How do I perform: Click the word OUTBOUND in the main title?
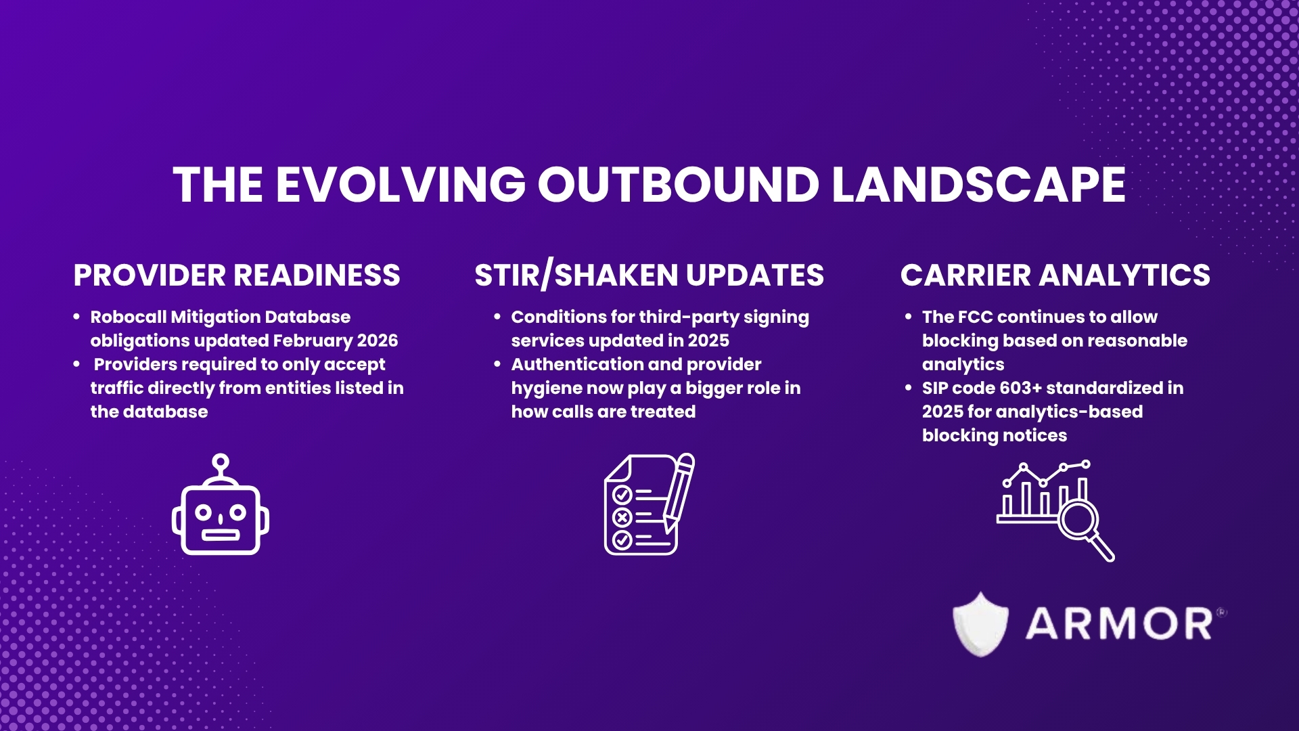[x=678, y=185]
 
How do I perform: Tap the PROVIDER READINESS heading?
[x=237, y=275]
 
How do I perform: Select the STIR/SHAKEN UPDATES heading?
[x=649, y=275]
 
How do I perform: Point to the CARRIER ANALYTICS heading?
[x=1055, y=275]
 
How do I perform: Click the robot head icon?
[x=221, y=519]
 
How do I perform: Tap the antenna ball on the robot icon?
[x=221, y=462]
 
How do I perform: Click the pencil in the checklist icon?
[x=679, y=491]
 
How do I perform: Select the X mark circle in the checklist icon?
[x=622, y=518]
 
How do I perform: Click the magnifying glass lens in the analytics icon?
[x=1077, y=520]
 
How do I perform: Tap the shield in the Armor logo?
[x=980, y=624]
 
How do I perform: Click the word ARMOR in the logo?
[x=1119, y=624]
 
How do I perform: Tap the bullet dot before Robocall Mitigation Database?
[x=76, y=317]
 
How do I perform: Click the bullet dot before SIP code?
[x=908, y=388]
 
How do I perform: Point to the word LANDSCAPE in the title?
[x=978, y=185]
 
